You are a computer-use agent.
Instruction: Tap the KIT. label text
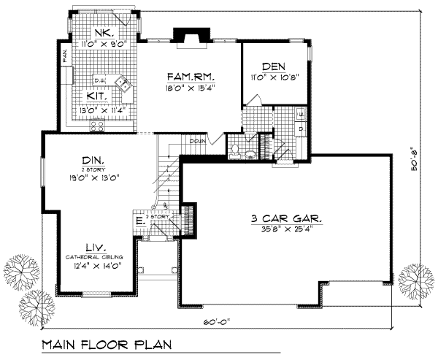tap(99, 96)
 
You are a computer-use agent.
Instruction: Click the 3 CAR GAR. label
tap(285, 218)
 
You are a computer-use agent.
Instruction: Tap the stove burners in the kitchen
tap(98, 126)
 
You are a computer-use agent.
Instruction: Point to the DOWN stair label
tap(197, 141)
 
